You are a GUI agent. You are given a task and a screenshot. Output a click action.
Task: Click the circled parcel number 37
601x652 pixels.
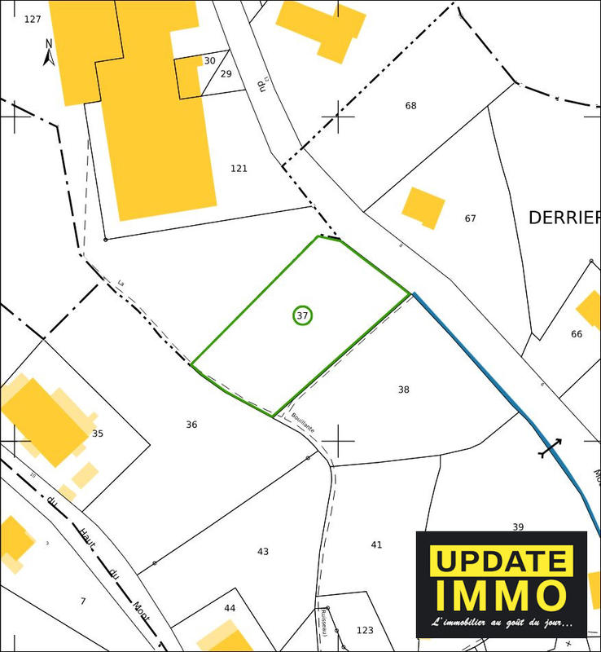(x=302, y=315)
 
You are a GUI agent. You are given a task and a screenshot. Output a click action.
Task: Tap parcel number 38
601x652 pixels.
(x=403, y=390)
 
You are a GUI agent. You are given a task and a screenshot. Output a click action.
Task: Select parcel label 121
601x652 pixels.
(x=239, y=169)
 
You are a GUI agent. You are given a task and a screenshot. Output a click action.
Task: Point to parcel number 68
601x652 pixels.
(x=410, y=106)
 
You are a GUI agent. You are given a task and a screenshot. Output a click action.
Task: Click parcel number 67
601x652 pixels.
(x=470, y=218)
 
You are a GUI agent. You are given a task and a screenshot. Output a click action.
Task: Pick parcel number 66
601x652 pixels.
(x=577, y=334)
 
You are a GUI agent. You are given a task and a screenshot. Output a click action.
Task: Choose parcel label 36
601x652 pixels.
(x=191, y=425)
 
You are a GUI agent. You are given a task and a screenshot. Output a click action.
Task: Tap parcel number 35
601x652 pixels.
(x=98, y=434)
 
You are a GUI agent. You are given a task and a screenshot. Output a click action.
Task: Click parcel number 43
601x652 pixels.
(x=263, y=552)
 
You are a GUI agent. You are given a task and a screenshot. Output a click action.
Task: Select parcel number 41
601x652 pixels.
(x=376, y=544)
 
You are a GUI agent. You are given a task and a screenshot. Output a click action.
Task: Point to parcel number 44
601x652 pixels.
(x=230, y=608)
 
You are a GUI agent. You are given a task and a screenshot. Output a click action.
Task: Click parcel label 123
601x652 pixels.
(x=365, y=630)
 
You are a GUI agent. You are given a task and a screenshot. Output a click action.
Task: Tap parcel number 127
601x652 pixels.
(x=33, y=19)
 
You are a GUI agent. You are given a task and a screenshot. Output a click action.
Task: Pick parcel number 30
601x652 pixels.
(x=209, y=61)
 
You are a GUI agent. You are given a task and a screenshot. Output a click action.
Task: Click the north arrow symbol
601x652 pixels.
(x=48, y=52)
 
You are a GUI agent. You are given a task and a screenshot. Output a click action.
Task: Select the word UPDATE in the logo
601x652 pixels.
(x=500, y=562)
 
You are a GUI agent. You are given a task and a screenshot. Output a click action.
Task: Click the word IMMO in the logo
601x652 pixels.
(x=500, y=595)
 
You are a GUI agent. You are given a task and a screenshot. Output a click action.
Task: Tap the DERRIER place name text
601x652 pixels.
(x=564, y=218)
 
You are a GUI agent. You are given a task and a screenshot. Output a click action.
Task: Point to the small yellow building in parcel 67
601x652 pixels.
(x=423, y=207)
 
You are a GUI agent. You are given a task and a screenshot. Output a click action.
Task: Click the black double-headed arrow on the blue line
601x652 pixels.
(x=551, y=447)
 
